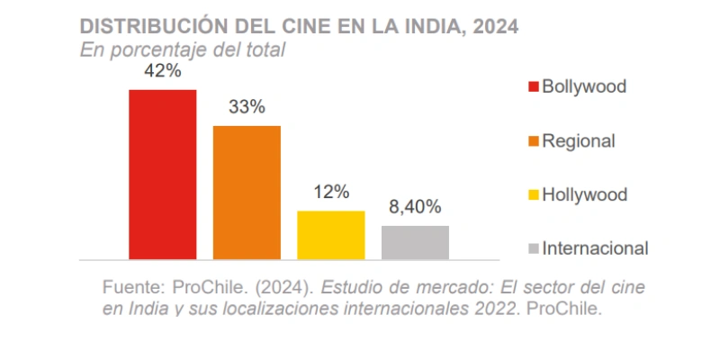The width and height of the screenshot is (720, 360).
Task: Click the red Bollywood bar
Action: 162,174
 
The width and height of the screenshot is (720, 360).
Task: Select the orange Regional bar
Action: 247,192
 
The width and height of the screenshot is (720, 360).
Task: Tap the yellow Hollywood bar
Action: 330,234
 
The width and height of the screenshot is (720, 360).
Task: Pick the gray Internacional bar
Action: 415,241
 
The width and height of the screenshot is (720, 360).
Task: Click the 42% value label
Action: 162,72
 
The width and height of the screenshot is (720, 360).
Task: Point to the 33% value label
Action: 246,107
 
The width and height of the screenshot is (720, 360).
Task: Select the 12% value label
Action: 330,192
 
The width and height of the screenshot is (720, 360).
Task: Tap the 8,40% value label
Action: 415,207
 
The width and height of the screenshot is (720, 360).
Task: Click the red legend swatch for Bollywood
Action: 533,87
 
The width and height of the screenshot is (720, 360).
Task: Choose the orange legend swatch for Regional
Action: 533,141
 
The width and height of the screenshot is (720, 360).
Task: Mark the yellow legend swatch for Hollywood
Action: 533,194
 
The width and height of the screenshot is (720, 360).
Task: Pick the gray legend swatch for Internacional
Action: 533,248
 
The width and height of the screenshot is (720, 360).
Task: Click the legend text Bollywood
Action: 583,86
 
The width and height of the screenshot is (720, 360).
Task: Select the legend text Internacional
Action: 595,247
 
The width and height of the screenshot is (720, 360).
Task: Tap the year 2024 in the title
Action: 494,26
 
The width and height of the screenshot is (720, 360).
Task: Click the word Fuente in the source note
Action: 133,289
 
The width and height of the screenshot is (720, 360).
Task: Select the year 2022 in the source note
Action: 496,309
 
